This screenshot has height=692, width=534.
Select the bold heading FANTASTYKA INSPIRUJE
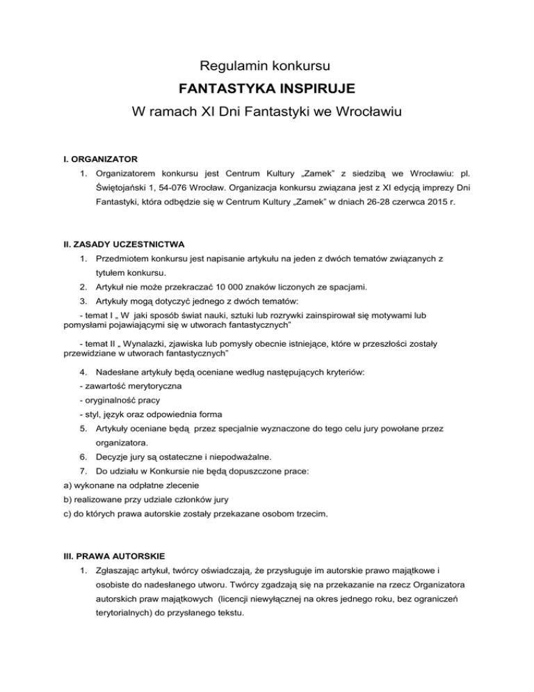266,88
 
